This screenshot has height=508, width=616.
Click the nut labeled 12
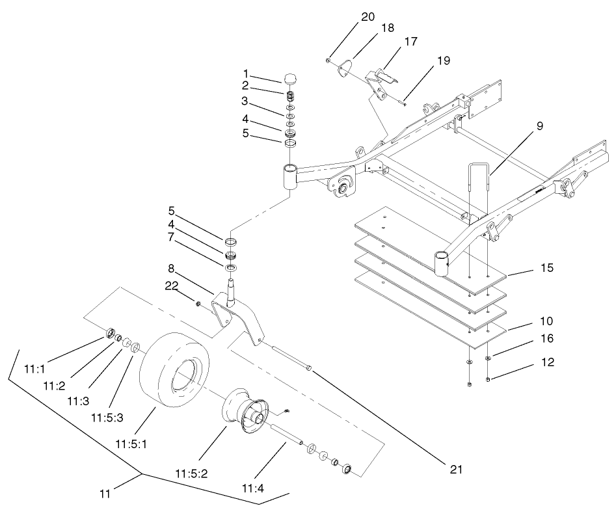tap(489, 380)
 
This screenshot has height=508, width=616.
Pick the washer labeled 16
tap(488, 358)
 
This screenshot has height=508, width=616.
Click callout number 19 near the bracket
tap(443, 60)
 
